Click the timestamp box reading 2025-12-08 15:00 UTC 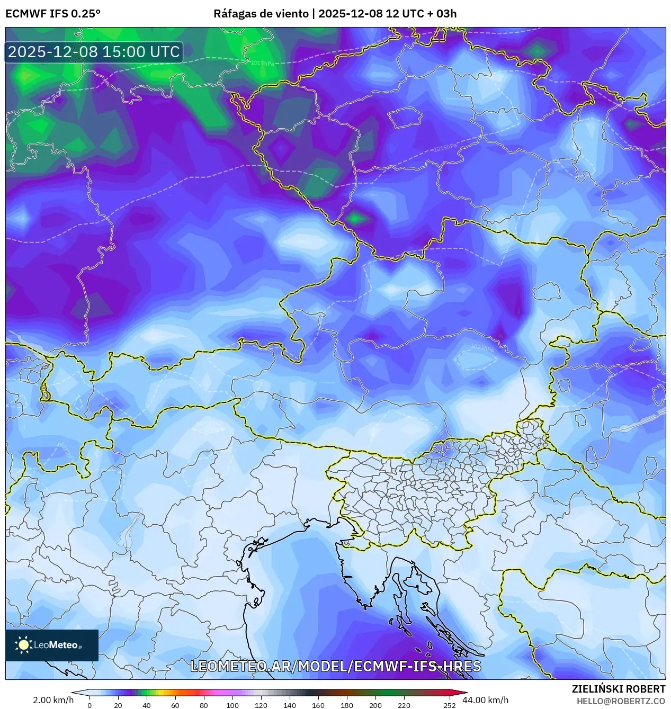[x=94, y=52]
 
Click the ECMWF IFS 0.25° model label [x=53, y=13]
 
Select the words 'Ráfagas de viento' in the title [x=261, y=13]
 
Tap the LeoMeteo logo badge [x=52, y=645]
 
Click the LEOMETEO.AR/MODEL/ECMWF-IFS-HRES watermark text [x=335, y=666]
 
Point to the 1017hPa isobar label [x=262, y=64]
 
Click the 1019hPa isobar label [x=444, y=148]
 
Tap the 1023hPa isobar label [x=482, y=348]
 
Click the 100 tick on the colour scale [x=232, y=705]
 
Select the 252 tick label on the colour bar [x=449, y=705]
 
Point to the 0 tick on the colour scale [x=89, y=705]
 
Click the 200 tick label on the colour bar [x=375, y=705]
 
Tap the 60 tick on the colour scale [x=175, y=705]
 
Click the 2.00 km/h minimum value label [x=53, y=700]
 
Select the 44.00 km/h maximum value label [x=485, y=700]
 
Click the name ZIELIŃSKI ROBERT [x=618, y=689]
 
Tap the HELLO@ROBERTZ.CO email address [x=621, y=701]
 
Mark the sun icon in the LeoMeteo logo [x=23, y=644]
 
